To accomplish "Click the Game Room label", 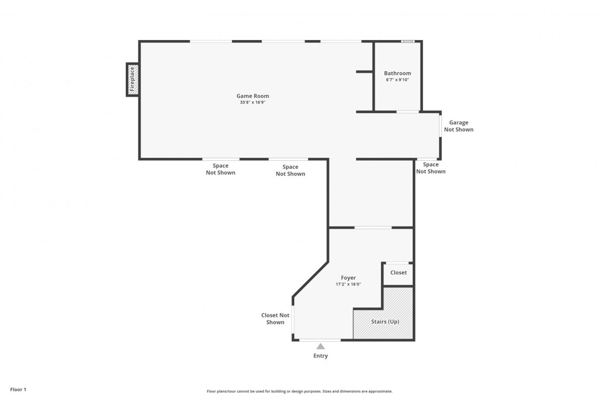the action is point(253,96).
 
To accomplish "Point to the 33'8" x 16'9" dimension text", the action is point(253,102).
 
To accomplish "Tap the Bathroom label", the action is point(397,73).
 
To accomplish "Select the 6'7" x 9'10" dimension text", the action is point(397,80).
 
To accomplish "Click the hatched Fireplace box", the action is point(133,80).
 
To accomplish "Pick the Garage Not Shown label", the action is point(458,126).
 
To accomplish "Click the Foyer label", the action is point(348,278).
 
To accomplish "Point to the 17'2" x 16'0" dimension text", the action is point(348,284).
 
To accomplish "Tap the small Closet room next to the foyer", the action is point(399,274).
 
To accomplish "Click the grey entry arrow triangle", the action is point(321,347).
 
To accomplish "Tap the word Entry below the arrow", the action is point(321,356).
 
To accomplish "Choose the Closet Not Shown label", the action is point(275,319).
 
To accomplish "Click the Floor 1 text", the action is point(18,390).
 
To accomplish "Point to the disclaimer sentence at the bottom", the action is point(299,391).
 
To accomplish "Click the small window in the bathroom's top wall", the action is point(407,41).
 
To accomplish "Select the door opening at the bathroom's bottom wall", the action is point(407,112).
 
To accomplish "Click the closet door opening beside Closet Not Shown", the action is point(293,319).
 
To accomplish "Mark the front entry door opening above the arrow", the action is point(320,340).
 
